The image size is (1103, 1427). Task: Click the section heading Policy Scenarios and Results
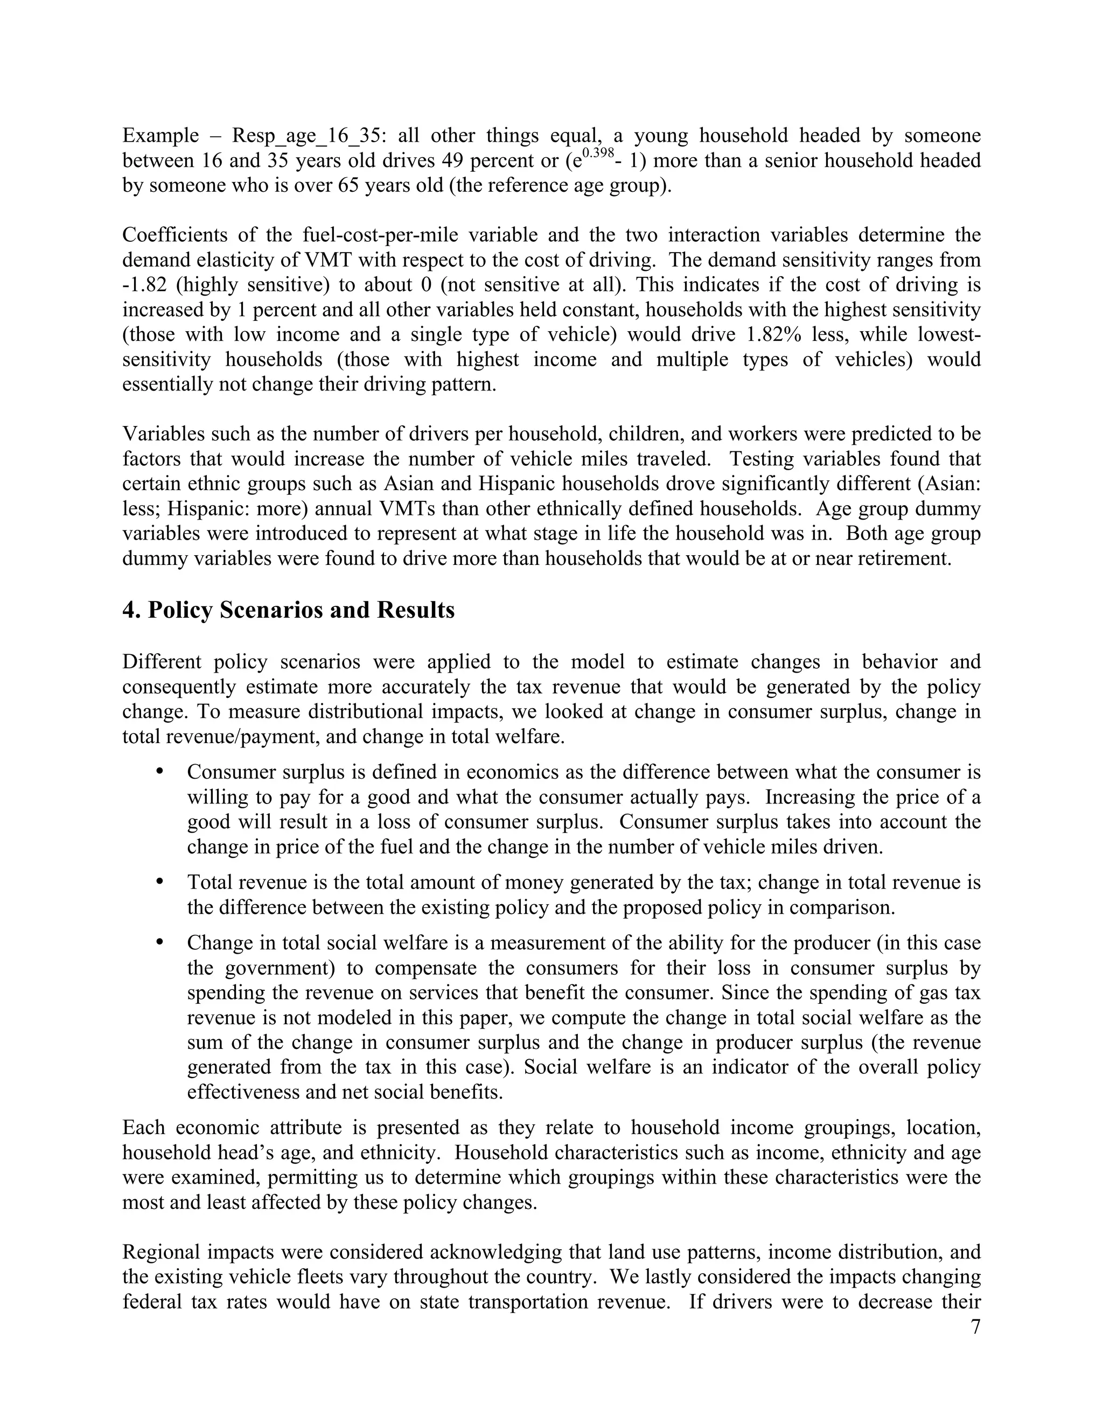(x=301, y=610)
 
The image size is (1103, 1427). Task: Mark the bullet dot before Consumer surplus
(x=159, y=771)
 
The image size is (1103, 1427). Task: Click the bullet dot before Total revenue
(x=159, y=882)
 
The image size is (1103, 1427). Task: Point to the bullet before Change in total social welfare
(x=159, y=942)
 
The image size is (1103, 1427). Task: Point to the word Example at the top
(x=160, y=136)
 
